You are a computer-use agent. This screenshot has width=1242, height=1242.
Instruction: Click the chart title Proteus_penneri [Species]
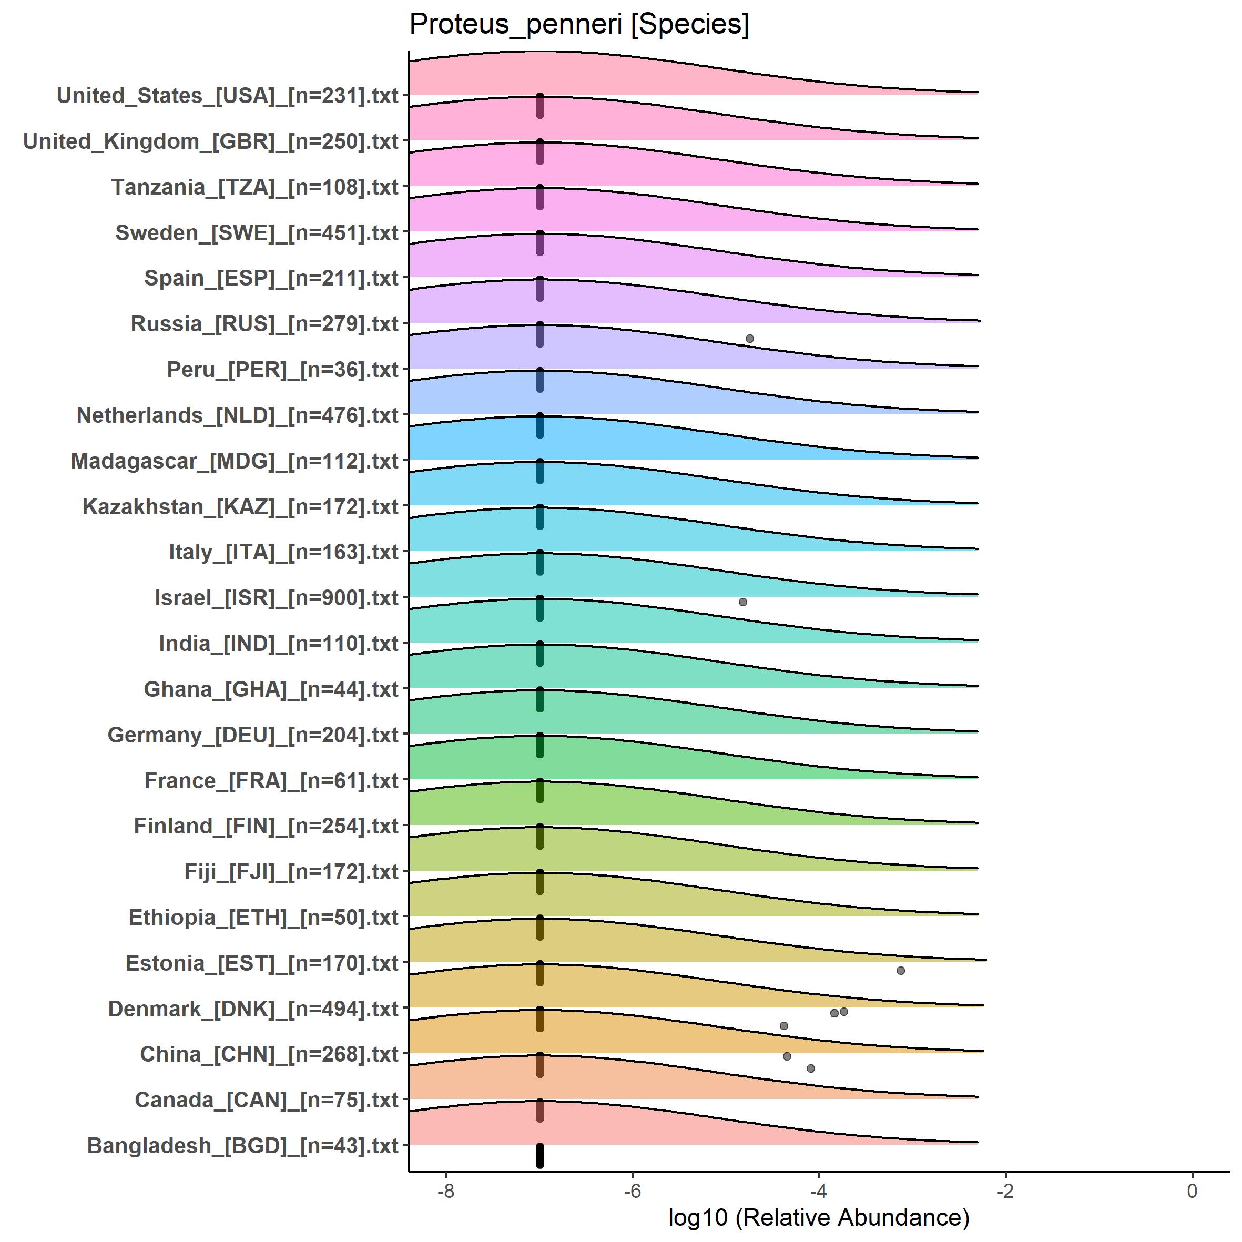pyautogui.click(x=578, y=25)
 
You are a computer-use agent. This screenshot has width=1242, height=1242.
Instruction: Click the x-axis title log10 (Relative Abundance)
pyautogui.click(x=818, y=1217)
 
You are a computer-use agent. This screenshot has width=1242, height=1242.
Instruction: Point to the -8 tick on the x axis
pyautogui.click(x=445, y=1191)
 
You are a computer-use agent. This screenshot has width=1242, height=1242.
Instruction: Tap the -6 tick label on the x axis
pyautogui.click(x=633, y=1191)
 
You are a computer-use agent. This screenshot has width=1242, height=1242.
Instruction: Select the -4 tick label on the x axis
pyautogui.click(x=818, y=1191)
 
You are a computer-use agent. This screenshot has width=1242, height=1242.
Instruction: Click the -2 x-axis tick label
pyautogui.click(x=1005, y=1191)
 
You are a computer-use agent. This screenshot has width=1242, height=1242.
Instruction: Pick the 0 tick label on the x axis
pyautogui.click(x=1192, y=1191)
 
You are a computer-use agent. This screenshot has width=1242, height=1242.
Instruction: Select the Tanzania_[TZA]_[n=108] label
pyautogui.click(x=255, y=187)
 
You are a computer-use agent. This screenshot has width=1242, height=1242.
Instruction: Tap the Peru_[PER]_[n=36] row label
pyautogui.click(x=283, y=370)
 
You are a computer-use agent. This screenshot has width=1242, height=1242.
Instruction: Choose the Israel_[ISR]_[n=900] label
pyautogui.click(x=277, y=598)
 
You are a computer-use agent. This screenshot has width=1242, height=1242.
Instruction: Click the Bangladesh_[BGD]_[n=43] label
pyautogui.click(x=242, y=1146)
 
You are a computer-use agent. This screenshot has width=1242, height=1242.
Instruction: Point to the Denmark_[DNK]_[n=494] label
pyautogui.click(x=253, y=1009)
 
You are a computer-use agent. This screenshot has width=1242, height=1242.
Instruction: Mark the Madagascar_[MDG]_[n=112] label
pyautogui.click(x=235, y=461)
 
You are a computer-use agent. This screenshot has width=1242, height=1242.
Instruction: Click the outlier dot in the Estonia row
pyautogui.click(x=900, y=970)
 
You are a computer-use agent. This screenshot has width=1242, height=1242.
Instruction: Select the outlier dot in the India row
pyautogui.click(x=742, y=602)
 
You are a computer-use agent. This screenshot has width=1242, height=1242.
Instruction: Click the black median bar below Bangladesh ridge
pyautogui.click(x=540, y=1155)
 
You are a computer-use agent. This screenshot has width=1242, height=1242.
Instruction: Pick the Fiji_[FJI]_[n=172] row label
pyautogui.click(x=291, y=872)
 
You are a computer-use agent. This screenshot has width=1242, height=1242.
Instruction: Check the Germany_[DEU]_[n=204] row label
pyautogui.click(x=252, y=735)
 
